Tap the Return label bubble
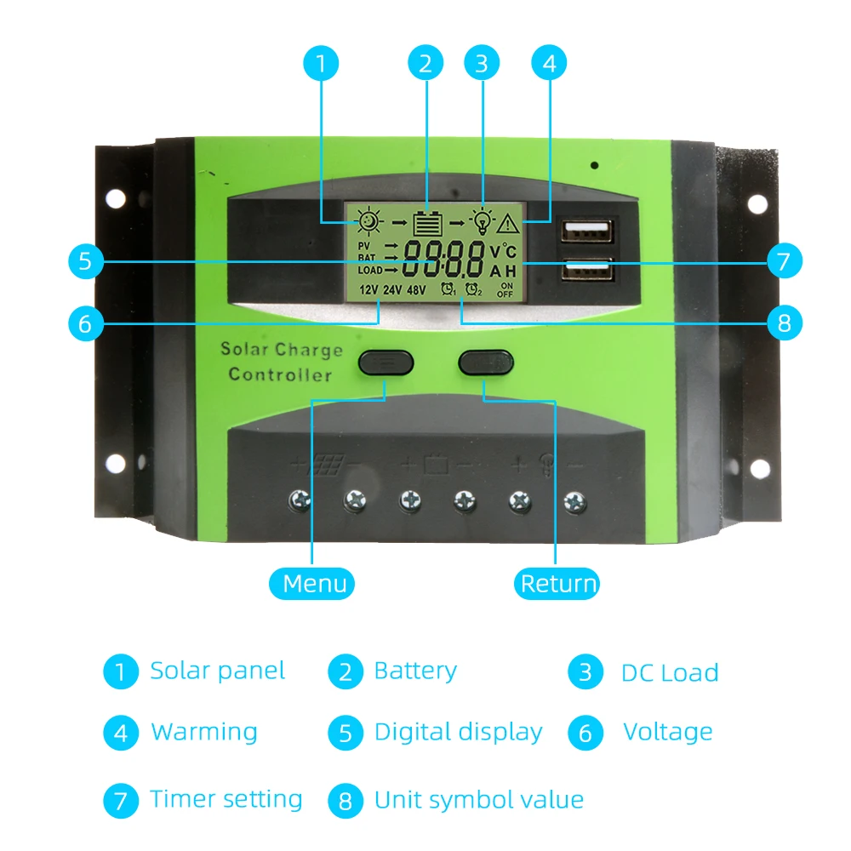[x=558, y=584]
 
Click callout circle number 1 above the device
[x=321, y=64]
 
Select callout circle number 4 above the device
[x=549, y=64]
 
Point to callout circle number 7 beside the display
[x=784, y=260]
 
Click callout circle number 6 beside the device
[x=84, y=323]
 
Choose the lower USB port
[x=586, y=271]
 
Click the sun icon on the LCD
[x=369, y=222]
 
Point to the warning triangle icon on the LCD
[x=508, y=223]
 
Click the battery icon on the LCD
[x=428, y=223]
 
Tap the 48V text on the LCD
[x=416, y=289]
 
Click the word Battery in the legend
[x=415, y=671]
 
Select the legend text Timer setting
[x=226, y=799]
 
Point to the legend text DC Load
[x=670, y=673]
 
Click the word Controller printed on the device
[x=280, y=374]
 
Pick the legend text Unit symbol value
[x=478, y=800]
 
